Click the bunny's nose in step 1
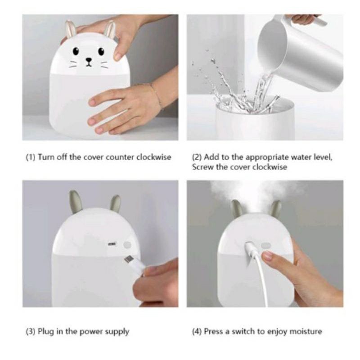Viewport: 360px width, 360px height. (89, 60)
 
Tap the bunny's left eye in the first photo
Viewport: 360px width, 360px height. (76, 51)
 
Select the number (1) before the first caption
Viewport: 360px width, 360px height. (31, 157)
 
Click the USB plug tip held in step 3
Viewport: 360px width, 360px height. (128, 260)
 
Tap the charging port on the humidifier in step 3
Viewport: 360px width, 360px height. (112, 243)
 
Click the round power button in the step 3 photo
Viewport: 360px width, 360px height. (127, 245)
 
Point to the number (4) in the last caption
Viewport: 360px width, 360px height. (197, 332)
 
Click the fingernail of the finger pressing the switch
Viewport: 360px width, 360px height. (267, 256)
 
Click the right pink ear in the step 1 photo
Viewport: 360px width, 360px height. (110, 29)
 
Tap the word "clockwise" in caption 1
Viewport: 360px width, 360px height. (154, 157)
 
